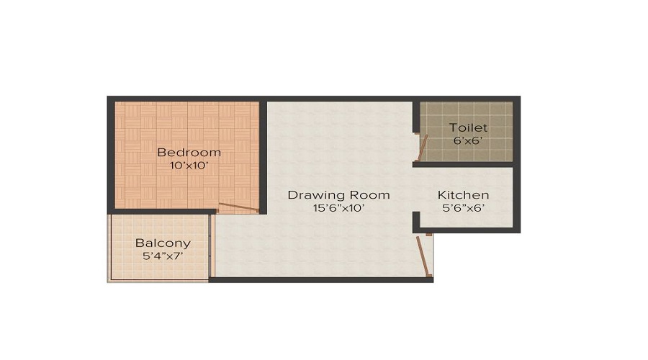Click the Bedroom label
coord(189,153)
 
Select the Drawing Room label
coord(338,195)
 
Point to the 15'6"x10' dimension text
coord(338,209)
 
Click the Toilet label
coord(468,128)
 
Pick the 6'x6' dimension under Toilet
coord(468,141)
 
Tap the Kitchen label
coord(464,195)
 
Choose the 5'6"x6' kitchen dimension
coord(464,209)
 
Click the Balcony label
coord(163,243)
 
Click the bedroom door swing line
coord(238,207)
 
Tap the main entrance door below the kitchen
coord(425,256)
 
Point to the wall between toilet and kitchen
coord(464,165)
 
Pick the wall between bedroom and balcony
coord(162,211)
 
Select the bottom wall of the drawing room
coord(320,279)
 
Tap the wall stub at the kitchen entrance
coord(416,222)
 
